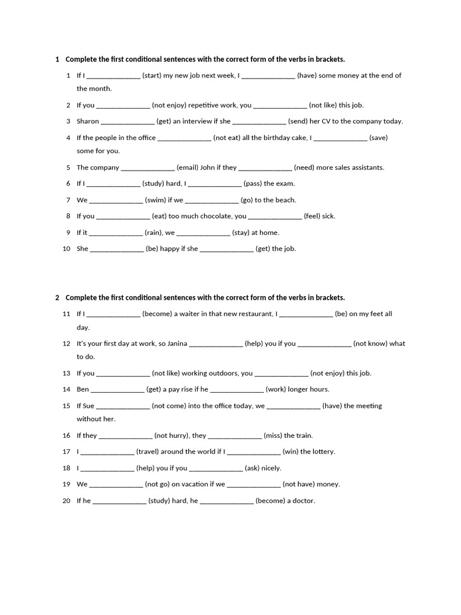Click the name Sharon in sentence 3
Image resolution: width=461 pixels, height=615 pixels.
[88, 121]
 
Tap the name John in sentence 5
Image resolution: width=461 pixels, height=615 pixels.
[208, 168]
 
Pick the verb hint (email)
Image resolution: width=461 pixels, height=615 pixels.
[187, 168]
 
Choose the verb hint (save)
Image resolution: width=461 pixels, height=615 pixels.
[378, 138]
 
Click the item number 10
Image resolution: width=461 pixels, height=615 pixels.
[66, 249]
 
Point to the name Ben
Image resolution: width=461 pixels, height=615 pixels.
[83, 389]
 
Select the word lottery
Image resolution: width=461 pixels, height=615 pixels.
[322, 452]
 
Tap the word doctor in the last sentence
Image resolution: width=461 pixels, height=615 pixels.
[303, 501]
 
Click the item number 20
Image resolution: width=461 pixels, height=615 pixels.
[66, 501]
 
